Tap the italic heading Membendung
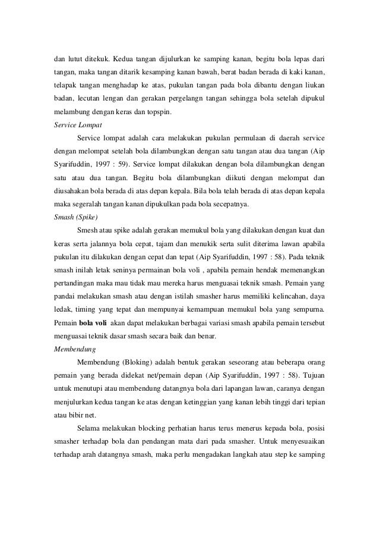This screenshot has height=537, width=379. point(70,350)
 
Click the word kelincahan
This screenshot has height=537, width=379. point(283,299)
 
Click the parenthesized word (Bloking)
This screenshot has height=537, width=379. point(137,365)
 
